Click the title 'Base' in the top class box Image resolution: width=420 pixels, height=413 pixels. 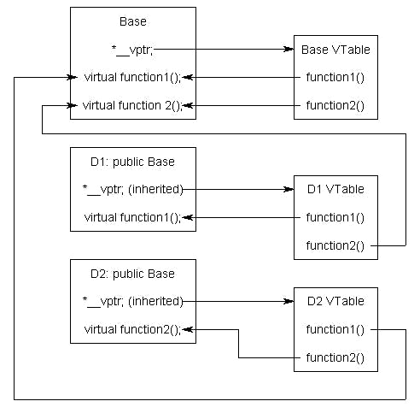point(132,21)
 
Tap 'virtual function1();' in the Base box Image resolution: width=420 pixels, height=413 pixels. point(132,78)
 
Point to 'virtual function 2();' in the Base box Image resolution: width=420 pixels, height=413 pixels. point(132,106)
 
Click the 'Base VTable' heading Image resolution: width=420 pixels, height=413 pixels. point(335,49)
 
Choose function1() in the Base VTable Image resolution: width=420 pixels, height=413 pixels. point(335,78)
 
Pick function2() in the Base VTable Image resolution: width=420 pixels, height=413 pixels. point(335,106)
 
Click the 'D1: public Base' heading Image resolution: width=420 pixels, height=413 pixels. point(132,161)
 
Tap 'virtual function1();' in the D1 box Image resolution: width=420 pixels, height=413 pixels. point(132,217)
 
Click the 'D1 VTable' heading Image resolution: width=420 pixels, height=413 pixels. point(335,189)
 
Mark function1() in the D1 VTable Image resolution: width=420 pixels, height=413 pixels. point(335,217)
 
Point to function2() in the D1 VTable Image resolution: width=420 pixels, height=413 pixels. point(335,246)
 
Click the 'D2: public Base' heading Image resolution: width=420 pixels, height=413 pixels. point(132,274)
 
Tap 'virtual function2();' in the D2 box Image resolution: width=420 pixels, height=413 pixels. point(132,329)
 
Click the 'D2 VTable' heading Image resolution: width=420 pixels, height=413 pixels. point(335,301)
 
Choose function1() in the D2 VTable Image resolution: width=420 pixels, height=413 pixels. point(335,329)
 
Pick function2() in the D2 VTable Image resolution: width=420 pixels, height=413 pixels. point(335,357)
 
